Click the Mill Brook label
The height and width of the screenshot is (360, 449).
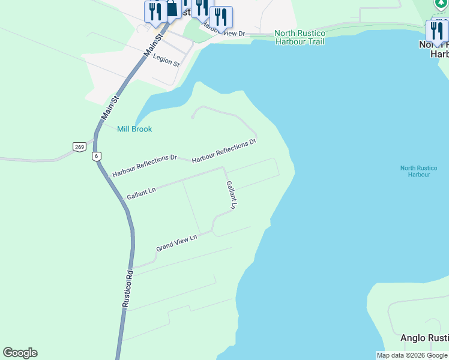[134, 129]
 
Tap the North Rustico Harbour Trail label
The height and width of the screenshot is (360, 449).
[300, 37]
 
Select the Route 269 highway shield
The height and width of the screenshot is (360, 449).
[79, 147]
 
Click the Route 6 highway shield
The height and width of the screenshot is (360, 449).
[96, 156]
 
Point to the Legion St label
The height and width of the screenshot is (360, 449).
[166, 59]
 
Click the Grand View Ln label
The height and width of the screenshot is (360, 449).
[176, 243]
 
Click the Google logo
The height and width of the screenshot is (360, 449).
[20, 353]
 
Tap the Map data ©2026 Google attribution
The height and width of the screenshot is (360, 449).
[412, 355]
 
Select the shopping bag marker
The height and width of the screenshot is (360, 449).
[172, 9]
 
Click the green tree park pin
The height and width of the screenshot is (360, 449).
[442, 3]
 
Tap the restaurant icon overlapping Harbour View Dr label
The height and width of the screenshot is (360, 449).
[221, 18]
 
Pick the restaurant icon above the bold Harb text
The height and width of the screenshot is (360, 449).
[436, 29]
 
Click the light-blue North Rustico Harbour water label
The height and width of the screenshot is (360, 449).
[415, 171]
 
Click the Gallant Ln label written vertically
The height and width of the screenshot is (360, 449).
[231, 195]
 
